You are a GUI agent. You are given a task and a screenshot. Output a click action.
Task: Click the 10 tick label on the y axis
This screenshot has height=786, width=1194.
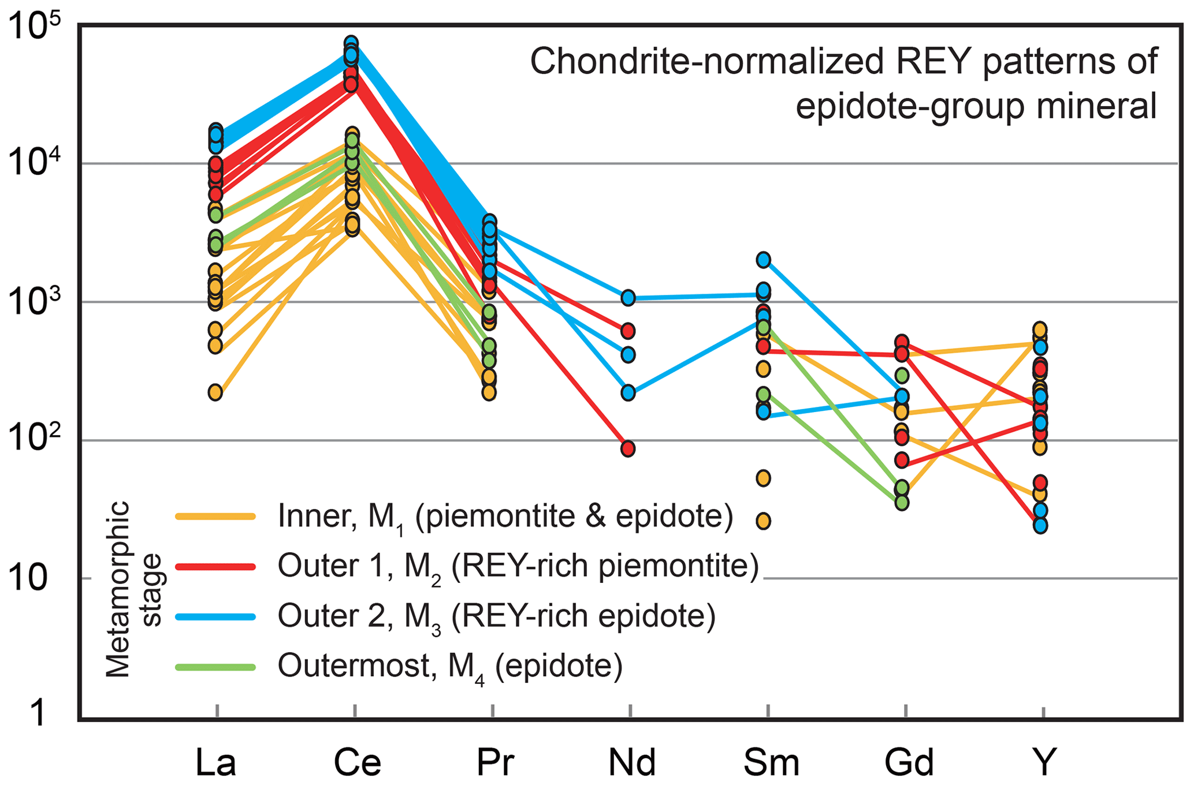tap(28, 578)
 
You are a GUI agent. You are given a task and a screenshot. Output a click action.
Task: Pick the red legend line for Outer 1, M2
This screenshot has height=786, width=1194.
tap(215, 567)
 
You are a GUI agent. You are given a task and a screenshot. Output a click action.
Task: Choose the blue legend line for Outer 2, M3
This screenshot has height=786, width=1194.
tap(215, 617)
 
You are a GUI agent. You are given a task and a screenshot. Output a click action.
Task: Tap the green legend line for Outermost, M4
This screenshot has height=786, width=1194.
tap(215, 667)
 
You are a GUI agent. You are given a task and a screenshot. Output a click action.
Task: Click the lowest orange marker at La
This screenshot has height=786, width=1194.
tap(215, 393)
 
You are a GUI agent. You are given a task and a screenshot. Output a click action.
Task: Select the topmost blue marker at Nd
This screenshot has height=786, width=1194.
tap(628, 298)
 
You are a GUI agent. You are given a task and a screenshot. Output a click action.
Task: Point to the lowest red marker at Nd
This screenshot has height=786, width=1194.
tap(628, 448)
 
